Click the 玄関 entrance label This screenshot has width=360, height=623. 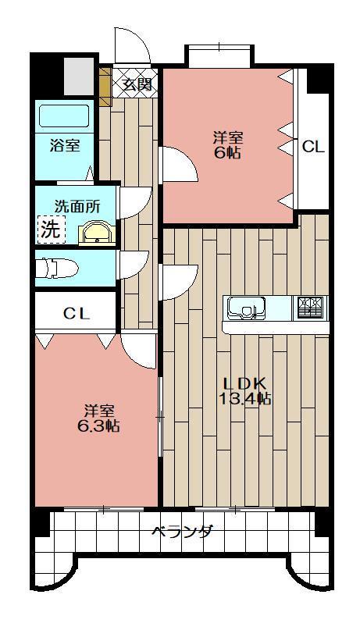137,84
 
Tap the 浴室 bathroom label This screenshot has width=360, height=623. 66,145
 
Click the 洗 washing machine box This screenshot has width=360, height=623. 50,230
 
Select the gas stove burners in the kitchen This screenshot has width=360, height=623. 311,307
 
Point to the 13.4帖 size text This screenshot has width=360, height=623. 245,399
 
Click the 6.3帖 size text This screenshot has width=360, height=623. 99,425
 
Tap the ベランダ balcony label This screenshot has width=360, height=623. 181,532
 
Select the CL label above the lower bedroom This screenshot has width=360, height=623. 76,314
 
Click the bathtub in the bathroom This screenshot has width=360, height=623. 66,116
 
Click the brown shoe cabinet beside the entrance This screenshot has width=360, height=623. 105,84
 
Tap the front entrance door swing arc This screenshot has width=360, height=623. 133,45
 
